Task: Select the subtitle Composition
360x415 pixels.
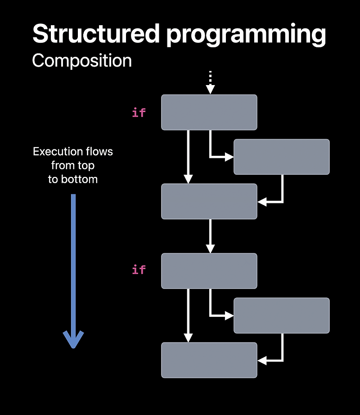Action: click(x=82, y=61)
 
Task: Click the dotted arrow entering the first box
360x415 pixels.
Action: click(x=210, y=83)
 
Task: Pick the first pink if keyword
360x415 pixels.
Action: click(x=139, y=113)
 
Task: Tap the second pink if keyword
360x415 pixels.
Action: click(x=139, y=270)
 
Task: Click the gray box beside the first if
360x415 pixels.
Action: click(x=209, y=112)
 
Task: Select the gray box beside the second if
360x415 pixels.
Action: click(x=209, y=271)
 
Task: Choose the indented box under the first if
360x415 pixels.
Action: click(x=281, y=157)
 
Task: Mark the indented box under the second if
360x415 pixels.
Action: click(x=281, y=315)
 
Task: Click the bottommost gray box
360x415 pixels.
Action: click(x=209, y=360)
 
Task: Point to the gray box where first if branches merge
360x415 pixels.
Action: click(x=209, y=201)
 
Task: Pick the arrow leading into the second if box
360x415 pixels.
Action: click(x=210, y=236)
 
